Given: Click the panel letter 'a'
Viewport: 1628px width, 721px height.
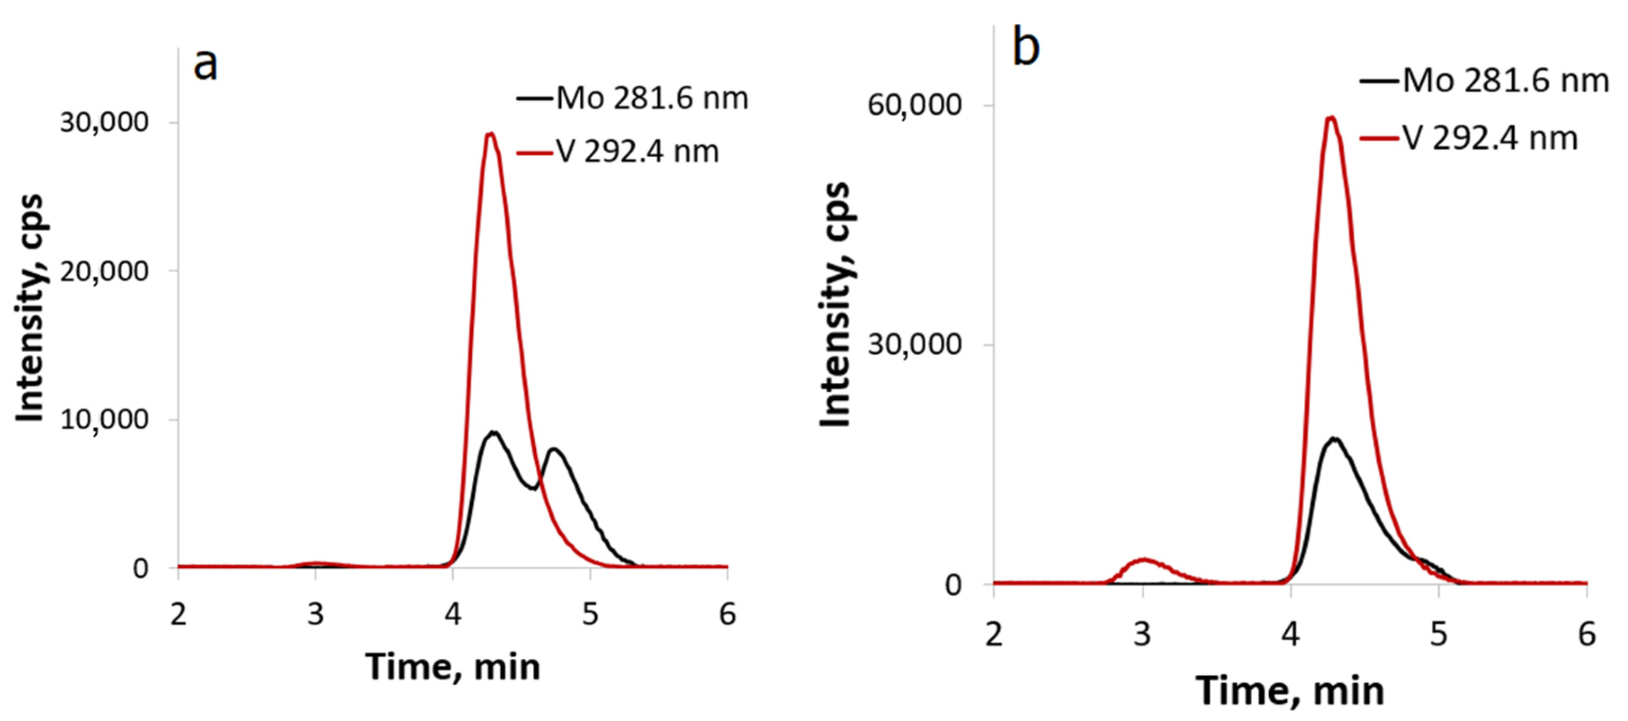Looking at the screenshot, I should click(206, 65).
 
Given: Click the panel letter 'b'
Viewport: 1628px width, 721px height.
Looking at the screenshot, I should click(1026, 47).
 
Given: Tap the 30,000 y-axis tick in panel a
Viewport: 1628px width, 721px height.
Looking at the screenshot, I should click(104, 122).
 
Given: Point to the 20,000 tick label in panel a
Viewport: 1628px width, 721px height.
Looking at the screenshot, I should click(104, 271).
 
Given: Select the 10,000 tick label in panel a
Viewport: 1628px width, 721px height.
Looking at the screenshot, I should click(104, 419).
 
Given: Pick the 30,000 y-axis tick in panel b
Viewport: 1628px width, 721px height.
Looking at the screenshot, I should click(914, 344).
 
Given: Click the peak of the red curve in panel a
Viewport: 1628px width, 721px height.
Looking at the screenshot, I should click(490, 134).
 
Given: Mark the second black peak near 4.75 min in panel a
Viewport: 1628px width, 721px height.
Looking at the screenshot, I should click(554, 450).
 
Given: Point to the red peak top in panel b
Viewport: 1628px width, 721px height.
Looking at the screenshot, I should click(1331, 118).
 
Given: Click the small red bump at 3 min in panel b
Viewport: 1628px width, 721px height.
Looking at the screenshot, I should click(1143, 560).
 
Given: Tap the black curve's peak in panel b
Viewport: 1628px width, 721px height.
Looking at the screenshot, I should click(1335, 439).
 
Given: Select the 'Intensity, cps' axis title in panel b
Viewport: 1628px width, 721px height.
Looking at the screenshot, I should click(836, 304).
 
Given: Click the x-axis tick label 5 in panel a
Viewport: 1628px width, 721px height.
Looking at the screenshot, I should click(590, 613).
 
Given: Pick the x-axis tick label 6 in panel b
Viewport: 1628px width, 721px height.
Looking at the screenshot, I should click(1586, 634).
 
